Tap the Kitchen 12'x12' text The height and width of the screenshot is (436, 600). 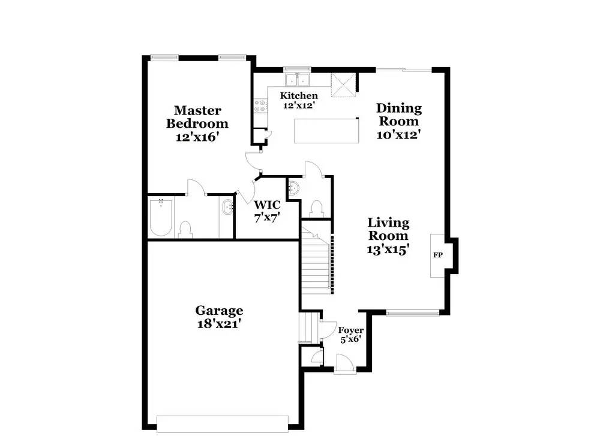[x=299, y=100]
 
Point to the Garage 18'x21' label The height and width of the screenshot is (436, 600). [x=219, y=317]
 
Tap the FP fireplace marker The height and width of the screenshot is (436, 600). [x=438, y=255]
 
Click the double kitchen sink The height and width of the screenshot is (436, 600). [x=296, y=80]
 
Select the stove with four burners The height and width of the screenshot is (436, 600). [x=261, y=107]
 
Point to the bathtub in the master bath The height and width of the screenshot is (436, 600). [x=161, y=217]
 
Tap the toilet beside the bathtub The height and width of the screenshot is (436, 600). [x=185, y=229]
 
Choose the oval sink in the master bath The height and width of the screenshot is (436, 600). [x=228, y=209]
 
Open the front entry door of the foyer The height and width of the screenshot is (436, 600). [x=343, y=363]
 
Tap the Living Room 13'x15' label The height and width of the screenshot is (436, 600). [x=388, y=236]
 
